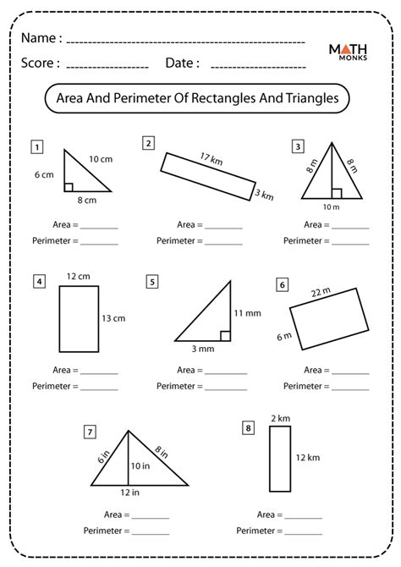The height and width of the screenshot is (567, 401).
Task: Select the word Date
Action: pyautogui.click(x=182, y=63)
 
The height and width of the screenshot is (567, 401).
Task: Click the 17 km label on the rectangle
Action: pyautogui.click(x=211, y=158)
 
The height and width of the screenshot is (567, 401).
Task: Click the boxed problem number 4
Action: pyautogui.click(x=38, y=281)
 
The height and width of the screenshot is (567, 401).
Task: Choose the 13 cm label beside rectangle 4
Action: pyautogui.click(x=113, y=318)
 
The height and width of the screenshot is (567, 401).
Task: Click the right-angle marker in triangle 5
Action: pyautogui.click(x=226, y=336)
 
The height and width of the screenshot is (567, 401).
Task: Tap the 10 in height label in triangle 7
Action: pyautogui.click(x=139, y=465)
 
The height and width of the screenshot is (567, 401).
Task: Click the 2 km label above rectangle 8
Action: pyautogui.click(x=279, y=419)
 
